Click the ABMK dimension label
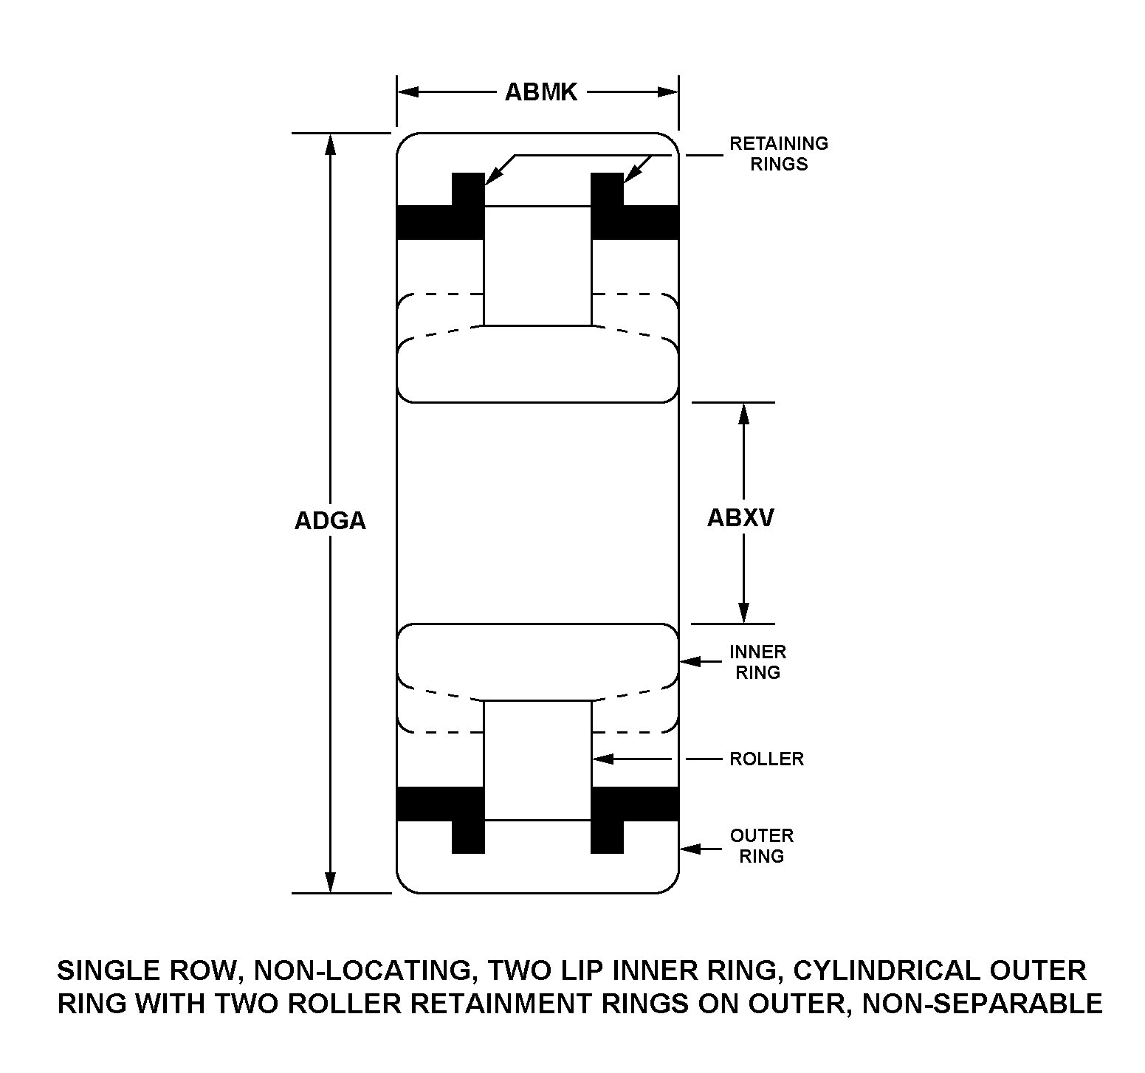click(540, 92)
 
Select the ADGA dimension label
click(330, 521)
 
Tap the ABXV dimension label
click(740, 518)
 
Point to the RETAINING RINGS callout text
click(779, 153)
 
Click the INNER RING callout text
click(758, 662)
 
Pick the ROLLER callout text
click(766, 759)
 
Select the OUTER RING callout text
click(761, 846)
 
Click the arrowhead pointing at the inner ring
click(690, 661)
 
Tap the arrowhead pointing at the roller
click(603, 759)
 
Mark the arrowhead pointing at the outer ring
click(690, 849)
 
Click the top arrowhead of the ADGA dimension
click(330, 145)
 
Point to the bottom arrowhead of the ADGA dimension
click(330, 882)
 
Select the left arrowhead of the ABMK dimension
click(408, 92)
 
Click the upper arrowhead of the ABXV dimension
click(744, 414)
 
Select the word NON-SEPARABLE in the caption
click(983, 1004)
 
